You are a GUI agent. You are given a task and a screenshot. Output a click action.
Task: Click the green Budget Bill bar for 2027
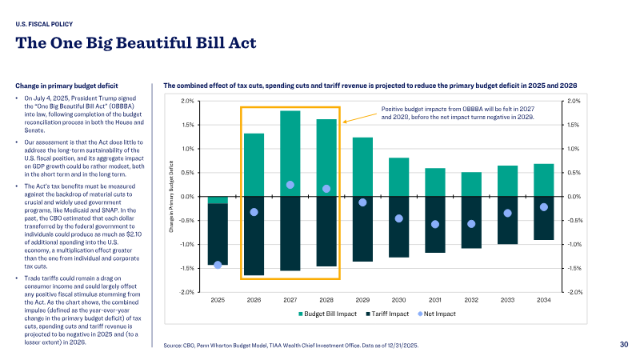[x=290, y=154]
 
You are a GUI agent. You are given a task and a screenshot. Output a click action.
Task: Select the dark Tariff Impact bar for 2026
[x=254, y=236]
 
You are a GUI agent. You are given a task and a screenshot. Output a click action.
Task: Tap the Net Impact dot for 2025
[x=218, y=265]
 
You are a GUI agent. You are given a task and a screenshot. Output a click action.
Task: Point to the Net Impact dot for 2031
[x=435, y=224]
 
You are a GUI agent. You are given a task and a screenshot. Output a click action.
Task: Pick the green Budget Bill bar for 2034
[x=544, y=180]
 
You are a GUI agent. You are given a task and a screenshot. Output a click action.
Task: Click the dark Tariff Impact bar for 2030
[x=398, y=227]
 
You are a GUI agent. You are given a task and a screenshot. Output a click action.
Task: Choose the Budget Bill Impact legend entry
[x=327, y=314]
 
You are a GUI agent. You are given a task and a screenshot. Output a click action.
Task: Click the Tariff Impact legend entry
[x=387, y=314]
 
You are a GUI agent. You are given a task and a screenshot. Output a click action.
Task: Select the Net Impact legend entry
[x=437, y=314]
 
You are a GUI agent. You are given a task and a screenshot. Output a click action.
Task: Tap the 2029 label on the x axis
[x=362, y=300]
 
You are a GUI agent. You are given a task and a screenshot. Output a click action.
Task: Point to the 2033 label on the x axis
[x=507, y=300]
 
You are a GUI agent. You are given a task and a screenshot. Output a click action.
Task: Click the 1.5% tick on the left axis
[x=188, y=125]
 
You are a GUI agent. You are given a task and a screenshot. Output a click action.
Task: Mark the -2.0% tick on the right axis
[x=574, y=292]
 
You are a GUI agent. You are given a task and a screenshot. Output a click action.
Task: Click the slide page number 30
[x=624, y=345]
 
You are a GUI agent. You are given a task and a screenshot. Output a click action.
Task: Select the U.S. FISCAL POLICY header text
[x=44, y=24]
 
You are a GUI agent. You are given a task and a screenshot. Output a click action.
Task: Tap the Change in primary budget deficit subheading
[x=66, y=86]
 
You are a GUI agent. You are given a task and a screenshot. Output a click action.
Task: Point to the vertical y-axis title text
[x=171, y=197]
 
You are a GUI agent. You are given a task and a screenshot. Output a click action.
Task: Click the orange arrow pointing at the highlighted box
[x=359, y=118]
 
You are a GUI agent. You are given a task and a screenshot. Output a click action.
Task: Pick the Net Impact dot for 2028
[x=326, y=189]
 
